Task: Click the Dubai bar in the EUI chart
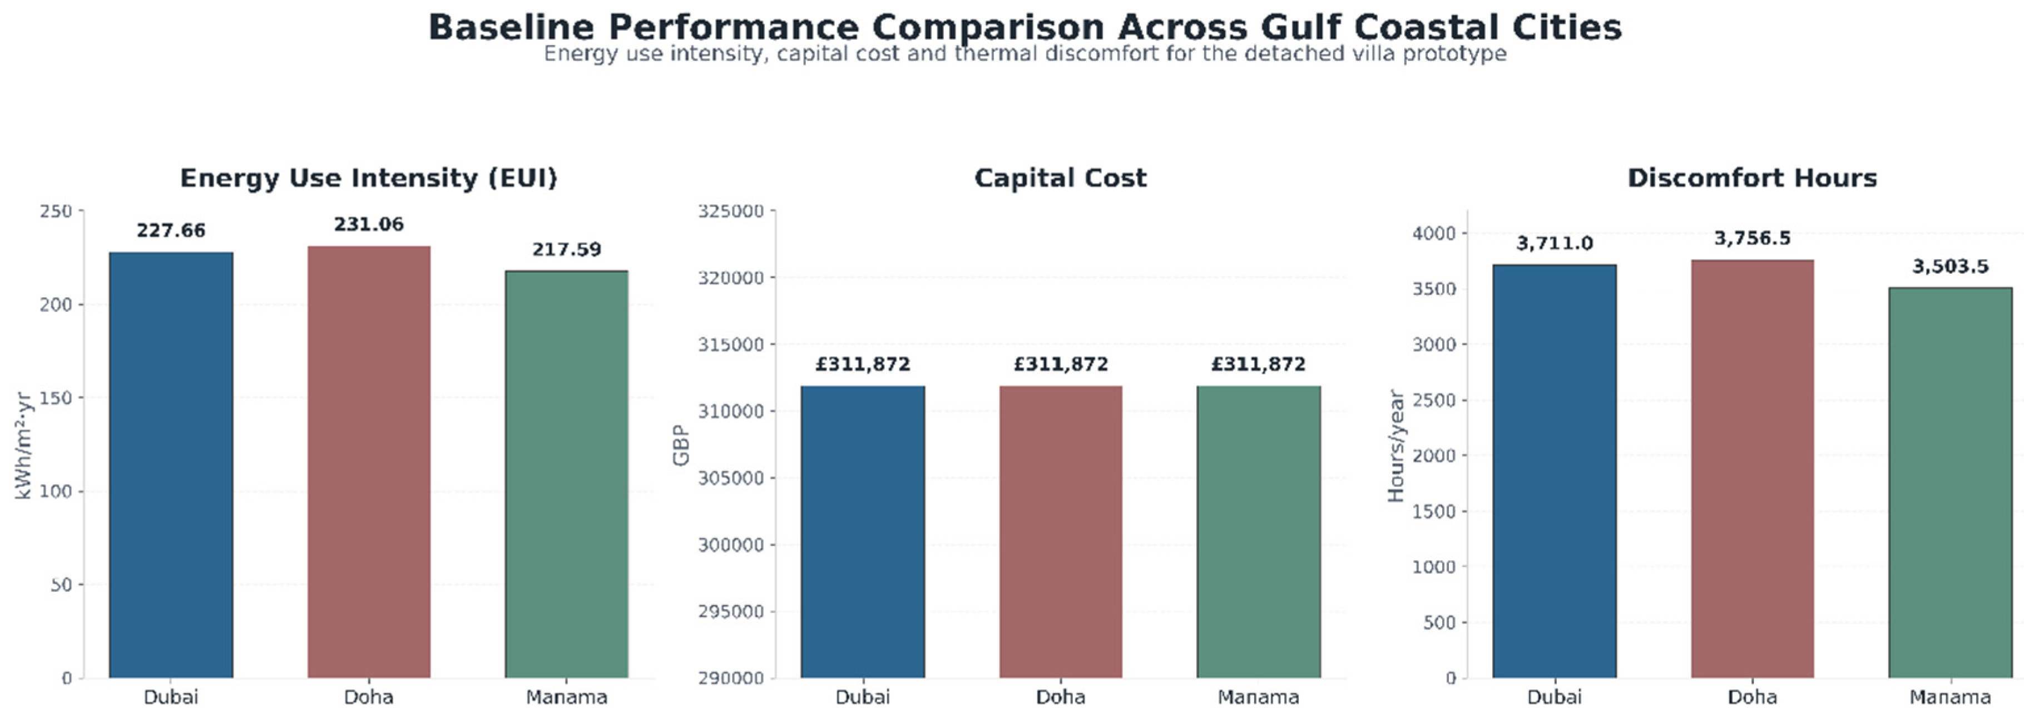[171, 465]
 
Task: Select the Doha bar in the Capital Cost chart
[1061, 532]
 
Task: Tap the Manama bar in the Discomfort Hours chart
[1950, 482]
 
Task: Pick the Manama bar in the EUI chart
[567, 475]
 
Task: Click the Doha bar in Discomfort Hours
[1752, 469]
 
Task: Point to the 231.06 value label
[369, 225]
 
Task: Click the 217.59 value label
[567, 250]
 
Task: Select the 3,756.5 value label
[1752, 239]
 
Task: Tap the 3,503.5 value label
[1950, 267]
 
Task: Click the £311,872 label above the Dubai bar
[863, 365]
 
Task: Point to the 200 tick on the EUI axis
[56, 305]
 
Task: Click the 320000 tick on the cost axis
[731, 278]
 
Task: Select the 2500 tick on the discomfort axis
[1434, 401]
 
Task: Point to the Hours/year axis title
[1395, 446]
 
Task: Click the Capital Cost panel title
[1061, 179]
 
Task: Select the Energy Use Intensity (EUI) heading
[369, 179]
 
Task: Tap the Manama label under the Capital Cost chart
[1259, 697]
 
